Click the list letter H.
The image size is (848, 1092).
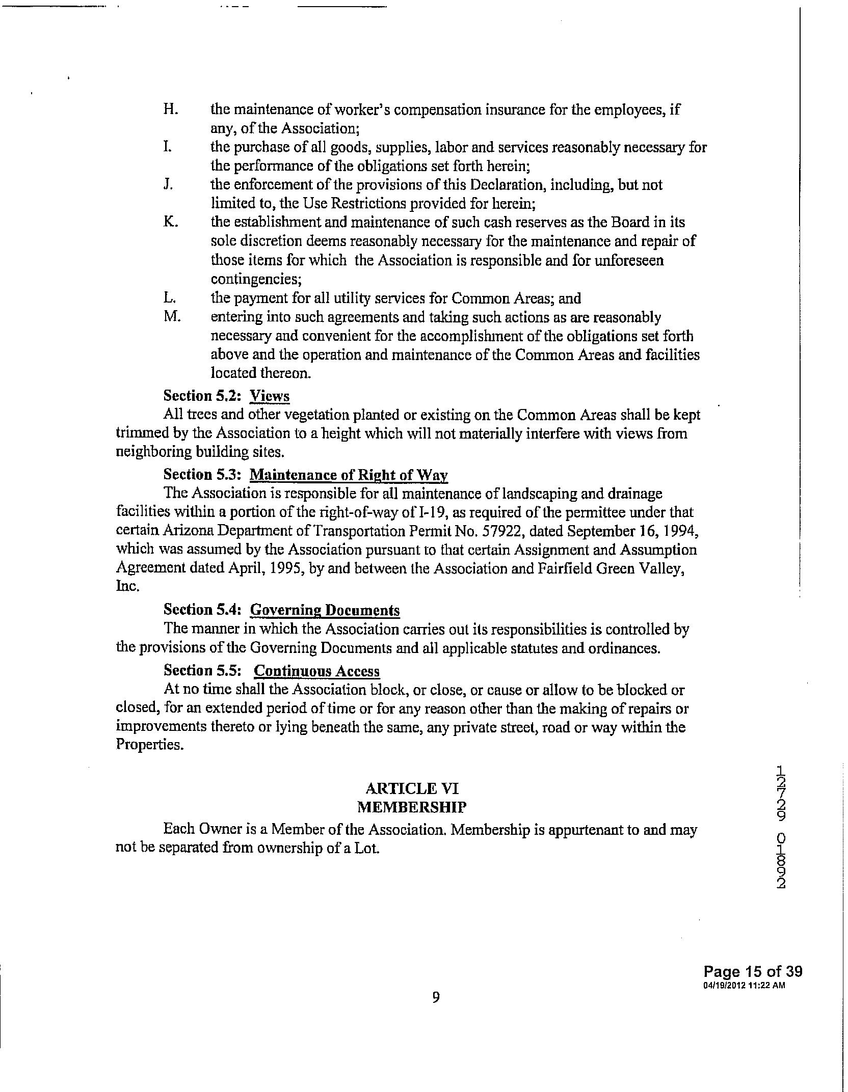(170, 110)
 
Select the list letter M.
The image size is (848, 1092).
(172, 317)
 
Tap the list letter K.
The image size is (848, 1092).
(170, 223)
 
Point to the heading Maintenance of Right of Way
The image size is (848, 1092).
(349, 475)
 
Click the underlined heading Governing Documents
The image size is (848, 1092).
(325, 610)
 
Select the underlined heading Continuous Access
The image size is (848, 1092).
(316, 671)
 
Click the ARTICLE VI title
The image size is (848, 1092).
(412, 789)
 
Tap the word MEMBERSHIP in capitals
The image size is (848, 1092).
(412, 807)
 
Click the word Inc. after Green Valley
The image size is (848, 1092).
(127, 586)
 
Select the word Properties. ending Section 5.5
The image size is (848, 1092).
(149, 745)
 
